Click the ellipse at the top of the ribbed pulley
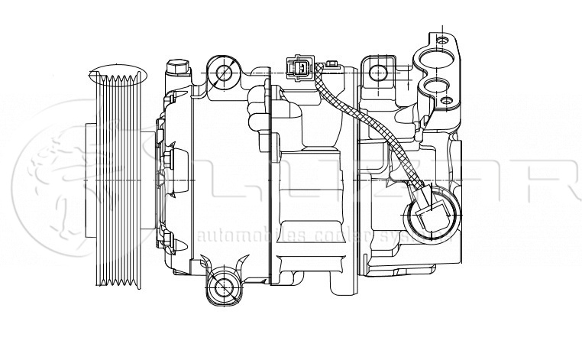pyautogui.click(x=115, y=76)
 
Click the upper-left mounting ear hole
pyautogui.click(x=224, y=73)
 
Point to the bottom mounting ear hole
pyautogui.click(x=224, y=287)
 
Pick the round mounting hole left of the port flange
pyautogui.click(x=377, y=73)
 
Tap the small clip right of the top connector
pyautogui.click(x=331, y=64)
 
